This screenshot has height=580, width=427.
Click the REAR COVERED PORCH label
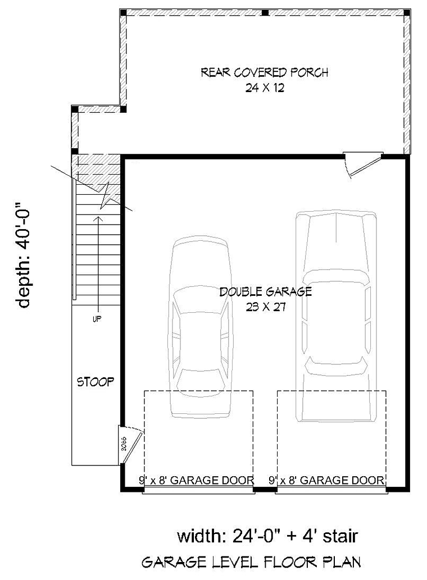tap(264, 72)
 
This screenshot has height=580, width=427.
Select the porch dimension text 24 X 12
tap(264, 88)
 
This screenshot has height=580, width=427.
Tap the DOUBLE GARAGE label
tap(265, 291)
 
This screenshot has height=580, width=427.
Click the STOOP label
tap(96, 382)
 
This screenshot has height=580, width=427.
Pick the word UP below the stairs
tap(97, 319)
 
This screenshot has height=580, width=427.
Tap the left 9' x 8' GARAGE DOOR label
tap(197, 480)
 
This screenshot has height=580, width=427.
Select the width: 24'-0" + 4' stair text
tap(267, 536)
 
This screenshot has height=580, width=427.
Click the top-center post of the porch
tap(265, 12)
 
